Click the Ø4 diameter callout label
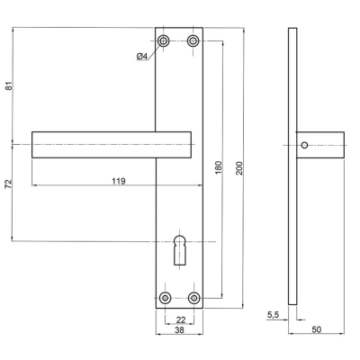pos(142,56)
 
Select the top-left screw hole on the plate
pos(164,40)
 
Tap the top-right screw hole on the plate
pos(193,40)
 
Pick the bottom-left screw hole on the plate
pos(165,298)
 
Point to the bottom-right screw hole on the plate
pos(194,298)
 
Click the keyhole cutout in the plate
pos(179,250)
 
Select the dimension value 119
pos(119,181)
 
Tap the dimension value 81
pos(9,86)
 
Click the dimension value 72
pos(9,184)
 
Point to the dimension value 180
pos(219,167)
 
